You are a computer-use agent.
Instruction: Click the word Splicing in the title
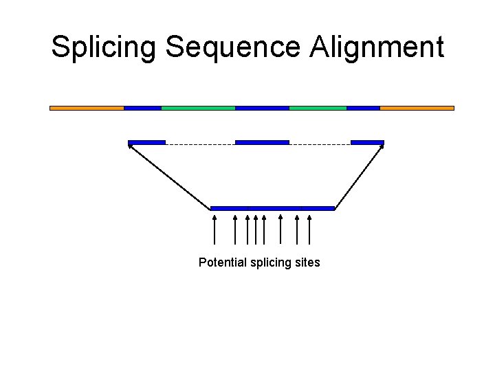tap(104, 47)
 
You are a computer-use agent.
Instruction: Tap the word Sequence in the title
tap(233, 47)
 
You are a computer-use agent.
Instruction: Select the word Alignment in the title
tap(377, 47)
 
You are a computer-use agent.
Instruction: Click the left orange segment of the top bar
tap(87, 108)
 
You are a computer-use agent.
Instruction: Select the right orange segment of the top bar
tap(417, 108)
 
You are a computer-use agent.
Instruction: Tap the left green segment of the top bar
tap(198, 108)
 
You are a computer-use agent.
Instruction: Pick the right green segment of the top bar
tap(318, 108)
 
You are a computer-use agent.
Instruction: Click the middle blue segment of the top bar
tap(262, 108)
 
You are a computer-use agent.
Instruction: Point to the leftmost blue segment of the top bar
tap(142, 108)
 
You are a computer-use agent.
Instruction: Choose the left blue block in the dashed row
tap(146, 142)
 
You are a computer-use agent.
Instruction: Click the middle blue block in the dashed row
tap(262, 142)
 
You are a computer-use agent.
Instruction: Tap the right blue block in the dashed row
tap(367, 142)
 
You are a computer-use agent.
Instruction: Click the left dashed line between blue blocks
tap(200, 144)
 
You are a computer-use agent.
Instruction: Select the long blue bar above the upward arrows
tap(272, 207)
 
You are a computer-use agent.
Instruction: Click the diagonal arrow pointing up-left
tap(169, 175)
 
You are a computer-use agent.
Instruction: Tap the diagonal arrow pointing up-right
tap(360, 175)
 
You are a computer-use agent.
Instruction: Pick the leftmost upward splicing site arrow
tap(215, 229)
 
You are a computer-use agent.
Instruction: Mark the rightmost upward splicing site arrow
tap(309, 229)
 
